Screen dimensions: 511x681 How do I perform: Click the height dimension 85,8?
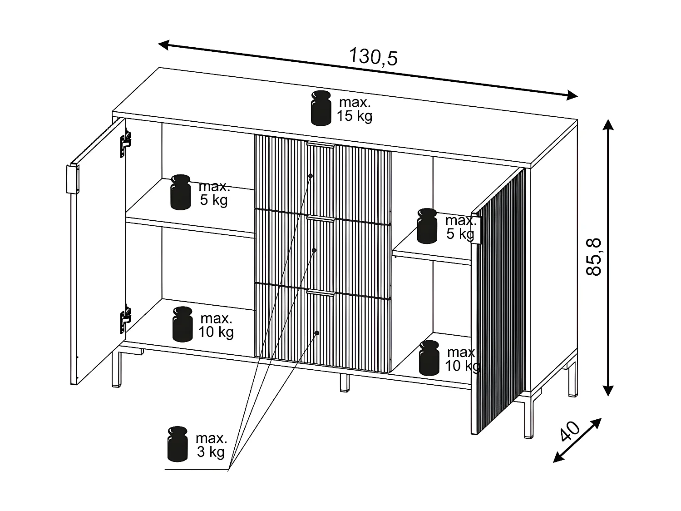(594, 256)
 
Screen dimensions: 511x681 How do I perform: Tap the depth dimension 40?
(570, 431)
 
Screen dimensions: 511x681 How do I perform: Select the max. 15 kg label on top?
(355, 109)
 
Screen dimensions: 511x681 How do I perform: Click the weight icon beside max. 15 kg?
(321, 108)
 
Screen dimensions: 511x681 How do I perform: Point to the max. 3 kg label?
(211, 445)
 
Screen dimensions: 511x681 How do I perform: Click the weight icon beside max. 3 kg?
(178, 444)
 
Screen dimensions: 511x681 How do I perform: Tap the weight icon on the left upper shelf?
(181, 192)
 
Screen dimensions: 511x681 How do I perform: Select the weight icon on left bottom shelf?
(183, 324)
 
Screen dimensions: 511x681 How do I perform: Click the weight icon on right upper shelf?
(427, 226)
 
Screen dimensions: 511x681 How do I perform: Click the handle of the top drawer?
(321, 145)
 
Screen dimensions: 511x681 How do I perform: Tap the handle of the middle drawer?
(321, 219)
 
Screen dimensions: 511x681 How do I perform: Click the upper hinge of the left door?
(125, 143)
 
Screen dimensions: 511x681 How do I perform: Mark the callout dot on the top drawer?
(311, 175)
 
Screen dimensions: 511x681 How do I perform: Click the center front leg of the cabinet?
(345, 382)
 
